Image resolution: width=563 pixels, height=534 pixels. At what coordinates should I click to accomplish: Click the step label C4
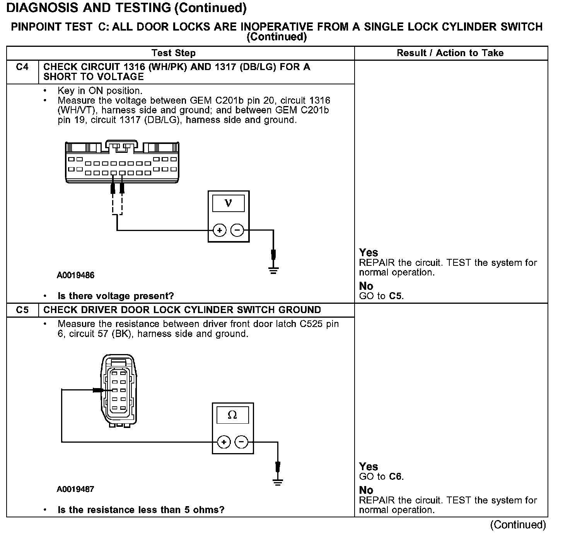coord(22,67)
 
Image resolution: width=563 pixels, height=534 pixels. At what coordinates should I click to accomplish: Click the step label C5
coord(22,310)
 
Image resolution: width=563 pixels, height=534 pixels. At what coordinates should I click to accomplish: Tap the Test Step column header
coord(174,53)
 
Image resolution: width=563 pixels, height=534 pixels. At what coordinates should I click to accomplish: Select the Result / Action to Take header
coord(450,53)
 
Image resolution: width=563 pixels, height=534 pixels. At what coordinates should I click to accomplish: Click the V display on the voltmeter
coord(229,203)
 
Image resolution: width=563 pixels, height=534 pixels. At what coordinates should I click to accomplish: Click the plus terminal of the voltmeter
coord(220,231)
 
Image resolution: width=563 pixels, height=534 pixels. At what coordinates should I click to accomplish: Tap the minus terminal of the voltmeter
coord(237,231)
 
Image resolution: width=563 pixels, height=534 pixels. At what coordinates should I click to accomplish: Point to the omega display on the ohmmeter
coord(232,415)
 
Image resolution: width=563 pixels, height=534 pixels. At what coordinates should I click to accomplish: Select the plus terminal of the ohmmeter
coord(224,442)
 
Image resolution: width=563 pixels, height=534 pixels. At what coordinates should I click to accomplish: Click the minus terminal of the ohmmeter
coord(242,442)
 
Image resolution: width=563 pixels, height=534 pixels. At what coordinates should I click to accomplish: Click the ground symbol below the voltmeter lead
coord(273,270)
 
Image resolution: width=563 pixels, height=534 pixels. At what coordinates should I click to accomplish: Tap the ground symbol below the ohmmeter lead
coord(278,482)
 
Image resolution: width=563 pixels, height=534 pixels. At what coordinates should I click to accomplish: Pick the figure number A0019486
coord(75,276)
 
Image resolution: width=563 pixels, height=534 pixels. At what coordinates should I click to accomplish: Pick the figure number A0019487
coord(75,489)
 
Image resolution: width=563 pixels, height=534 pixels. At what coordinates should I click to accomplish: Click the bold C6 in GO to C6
coord(396,477)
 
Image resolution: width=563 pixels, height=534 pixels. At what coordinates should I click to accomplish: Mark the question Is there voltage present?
coord(116,296)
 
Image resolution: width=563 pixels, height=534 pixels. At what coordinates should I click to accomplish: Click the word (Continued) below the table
coord(518,525)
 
